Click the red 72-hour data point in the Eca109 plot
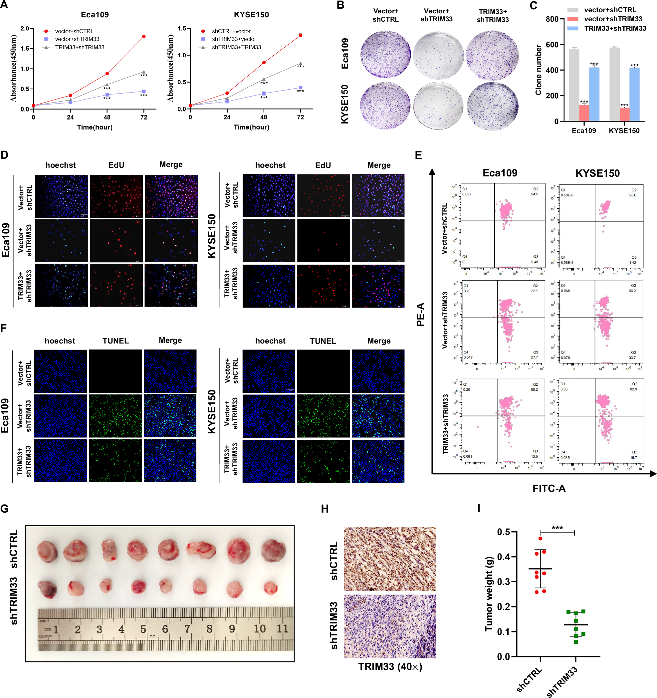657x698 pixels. coord(144,37)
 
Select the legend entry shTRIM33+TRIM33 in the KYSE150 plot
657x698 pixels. coord(236,47)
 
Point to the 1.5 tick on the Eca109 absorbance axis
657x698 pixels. coord(25,49)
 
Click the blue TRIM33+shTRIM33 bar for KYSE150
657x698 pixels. coord(634,94)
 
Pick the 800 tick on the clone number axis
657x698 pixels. coord(552,19)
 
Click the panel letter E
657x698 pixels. coord(418,155)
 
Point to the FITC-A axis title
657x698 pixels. coord(548,488)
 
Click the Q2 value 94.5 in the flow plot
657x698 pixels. coord(534,194)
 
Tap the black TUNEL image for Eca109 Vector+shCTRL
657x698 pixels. coord(115,371)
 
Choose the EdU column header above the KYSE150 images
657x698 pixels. coord(323,165)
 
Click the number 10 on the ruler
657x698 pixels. coord(260,629)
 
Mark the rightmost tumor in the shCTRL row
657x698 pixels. coord(274,550)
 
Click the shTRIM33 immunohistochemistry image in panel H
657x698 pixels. coord(390,626)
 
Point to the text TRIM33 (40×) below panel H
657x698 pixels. coord(390,667)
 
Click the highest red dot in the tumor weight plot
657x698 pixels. coord(541,538)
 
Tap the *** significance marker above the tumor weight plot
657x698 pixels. coord(557,528)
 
